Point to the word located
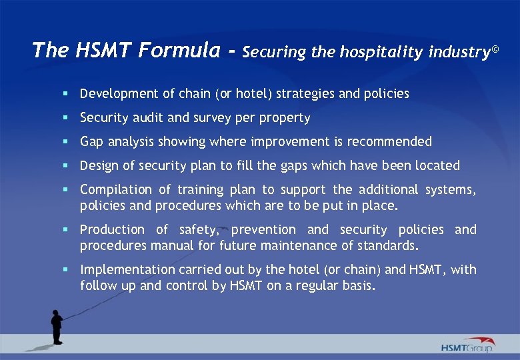(437, 165)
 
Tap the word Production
(112, 230)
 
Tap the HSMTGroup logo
(466, 345)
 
